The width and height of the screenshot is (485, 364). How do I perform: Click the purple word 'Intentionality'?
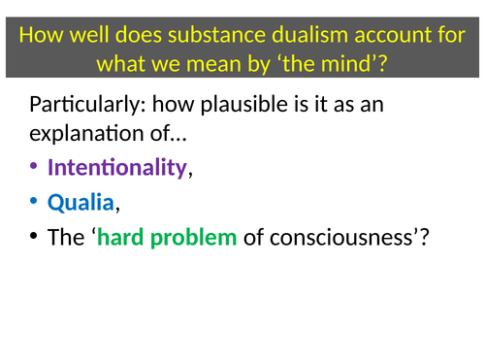116,167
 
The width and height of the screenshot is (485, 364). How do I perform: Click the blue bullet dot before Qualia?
36,202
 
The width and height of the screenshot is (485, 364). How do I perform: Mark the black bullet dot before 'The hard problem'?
36,236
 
